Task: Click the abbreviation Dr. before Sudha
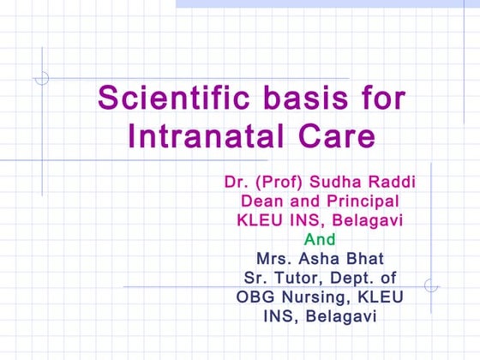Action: [x=235, y=183]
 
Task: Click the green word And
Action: [x=320, y=239]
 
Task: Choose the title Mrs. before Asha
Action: [x=276, y=258]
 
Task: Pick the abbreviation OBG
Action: [x=255, y=297]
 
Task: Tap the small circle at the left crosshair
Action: [x=42, y=78]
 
